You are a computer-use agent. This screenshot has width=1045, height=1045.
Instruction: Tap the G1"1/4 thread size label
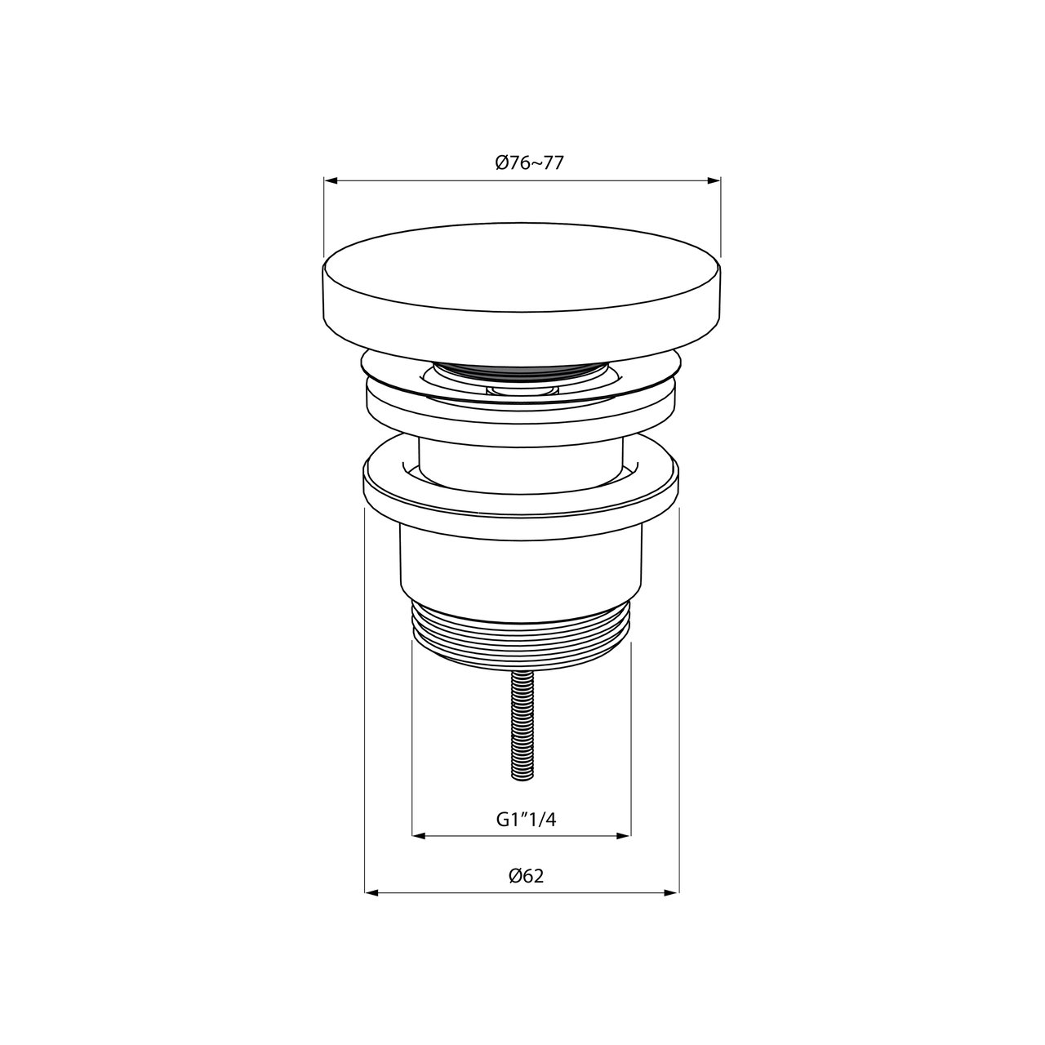(x=526, y=820)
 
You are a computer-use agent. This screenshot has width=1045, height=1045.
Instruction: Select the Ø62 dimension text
(x=526, y=876)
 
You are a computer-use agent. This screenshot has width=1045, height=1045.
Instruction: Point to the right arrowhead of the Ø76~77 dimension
(x=714, y=180)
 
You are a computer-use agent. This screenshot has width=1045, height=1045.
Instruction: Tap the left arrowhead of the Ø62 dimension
(x=371, y=892)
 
